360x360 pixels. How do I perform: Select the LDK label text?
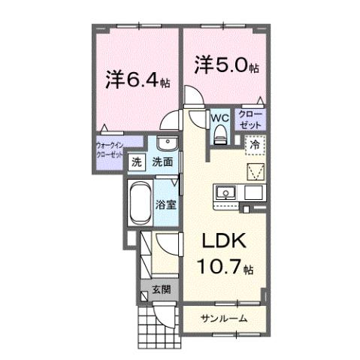tap(222, 243)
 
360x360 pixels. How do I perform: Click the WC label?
tap(219, 118)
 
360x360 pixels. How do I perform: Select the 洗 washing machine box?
tap(137, 162)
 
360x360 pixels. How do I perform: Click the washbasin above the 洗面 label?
tap(166, 143)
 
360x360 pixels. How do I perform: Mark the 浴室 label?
tap(166, 204)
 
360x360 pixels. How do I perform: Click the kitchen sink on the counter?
tap(225, 193)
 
